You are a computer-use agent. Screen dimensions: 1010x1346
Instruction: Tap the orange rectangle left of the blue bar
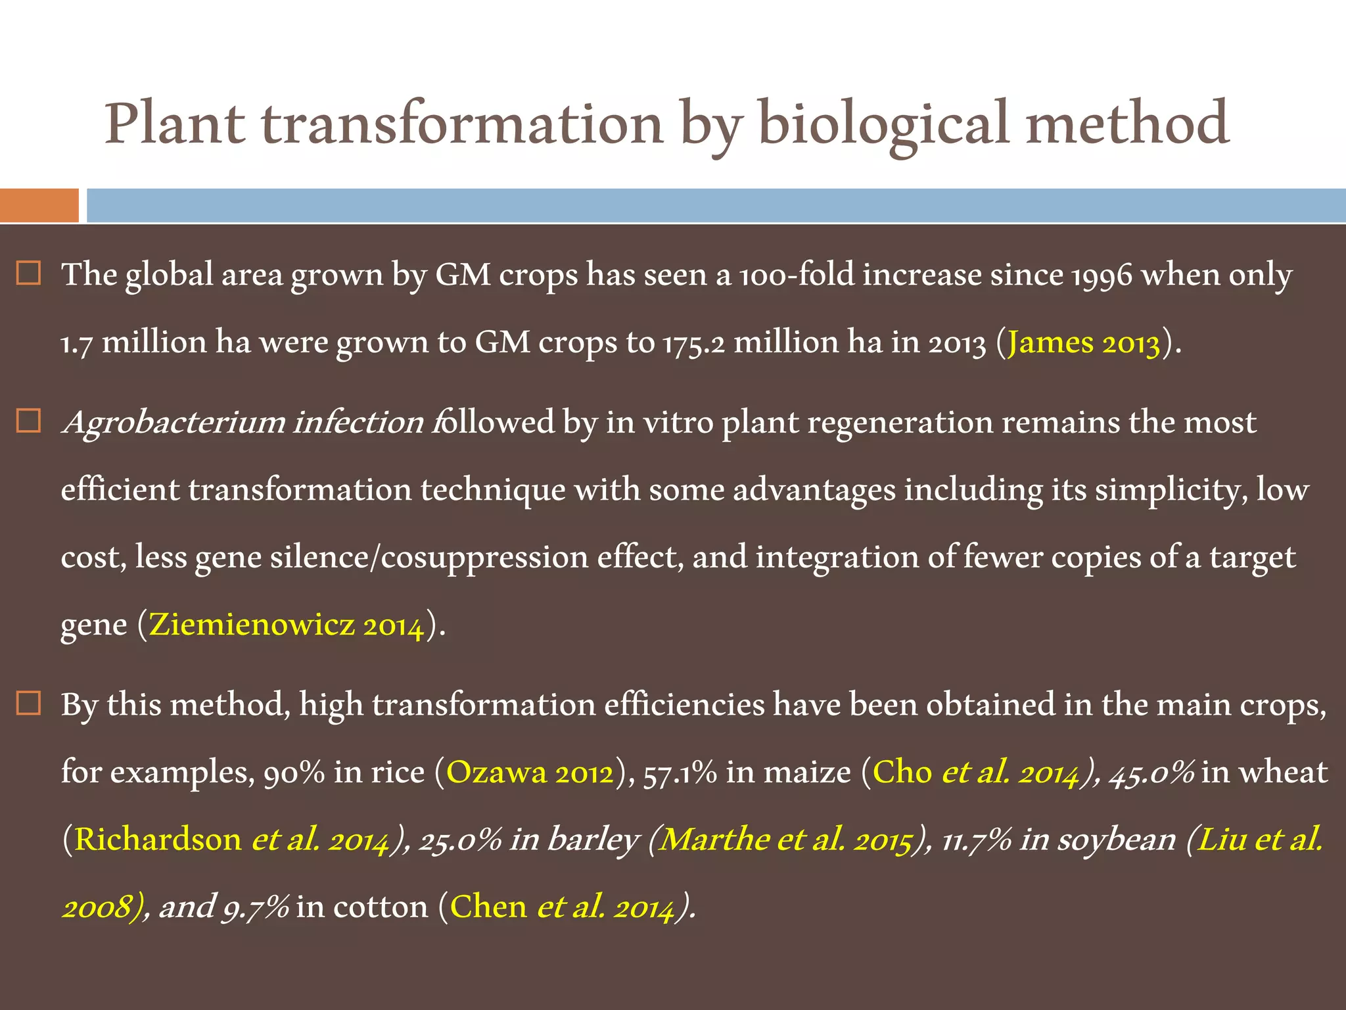point(39,205)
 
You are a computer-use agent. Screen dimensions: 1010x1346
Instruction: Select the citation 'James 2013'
point(1084,343)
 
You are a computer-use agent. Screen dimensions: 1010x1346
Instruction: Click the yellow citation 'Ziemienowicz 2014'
point(287,624)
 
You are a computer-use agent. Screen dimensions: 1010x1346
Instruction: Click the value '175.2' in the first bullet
point(693,343)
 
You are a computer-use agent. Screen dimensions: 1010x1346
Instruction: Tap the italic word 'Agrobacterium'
point(174,422)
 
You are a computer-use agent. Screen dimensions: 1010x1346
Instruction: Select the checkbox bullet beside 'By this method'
point(29,704)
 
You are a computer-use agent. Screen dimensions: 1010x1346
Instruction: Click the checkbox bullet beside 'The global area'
point(29,273)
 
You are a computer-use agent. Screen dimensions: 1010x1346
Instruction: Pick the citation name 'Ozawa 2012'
point(530,772)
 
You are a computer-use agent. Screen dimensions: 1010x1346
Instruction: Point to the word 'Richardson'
point(158,840)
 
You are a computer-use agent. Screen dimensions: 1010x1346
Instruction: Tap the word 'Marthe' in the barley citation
point(714,840)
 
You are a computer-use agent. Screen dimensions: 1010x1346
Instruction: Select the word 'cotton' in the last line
point(381,907)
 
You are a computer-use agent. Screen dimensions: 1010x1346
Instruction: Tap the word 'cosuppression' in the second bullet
point(485,558)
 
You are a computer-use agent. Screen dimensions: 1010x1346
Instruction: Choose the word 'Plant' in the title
point(175,125)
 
